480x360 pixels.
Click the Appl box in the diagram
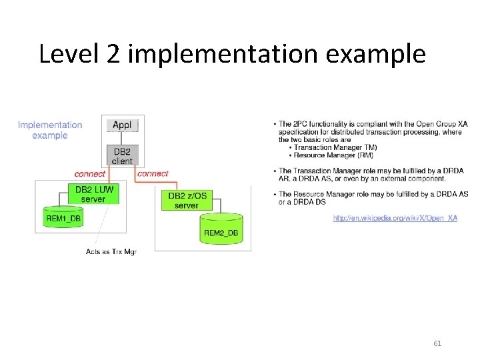tap(122, 125)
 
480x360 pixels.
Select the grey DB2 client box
tap(122, 155)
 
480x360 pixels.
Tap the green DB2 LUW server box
tap(93, 194)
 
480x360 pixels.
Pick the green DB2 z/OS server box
tap(186, 200)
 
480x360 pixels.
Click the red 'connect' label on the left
tap(89, 174)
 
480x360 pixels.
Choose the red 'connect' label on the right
tap(153, 173)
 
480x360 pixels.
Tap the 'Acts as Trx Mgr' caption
tap(111, 251)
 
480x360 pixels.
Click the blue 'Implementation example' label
tap(50, 130)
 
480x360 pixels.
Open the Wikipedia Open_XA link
tap(395, 218)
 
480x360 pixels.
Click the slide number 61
tap(437, 343)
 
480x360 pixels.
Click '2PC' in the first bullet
tap(303, 124)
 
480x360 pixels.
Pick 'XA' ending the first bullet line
tap(462, 124)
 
